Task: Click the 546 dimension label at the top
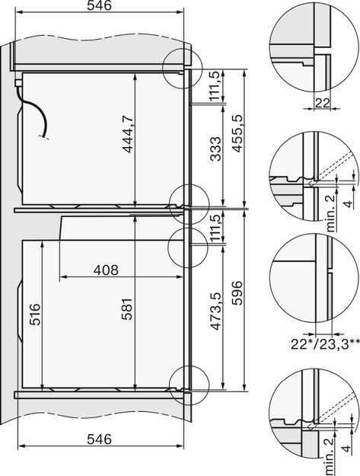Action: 99,7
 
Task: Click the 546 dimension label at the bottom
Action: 99,439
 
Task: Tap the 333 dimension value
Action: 215,155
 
